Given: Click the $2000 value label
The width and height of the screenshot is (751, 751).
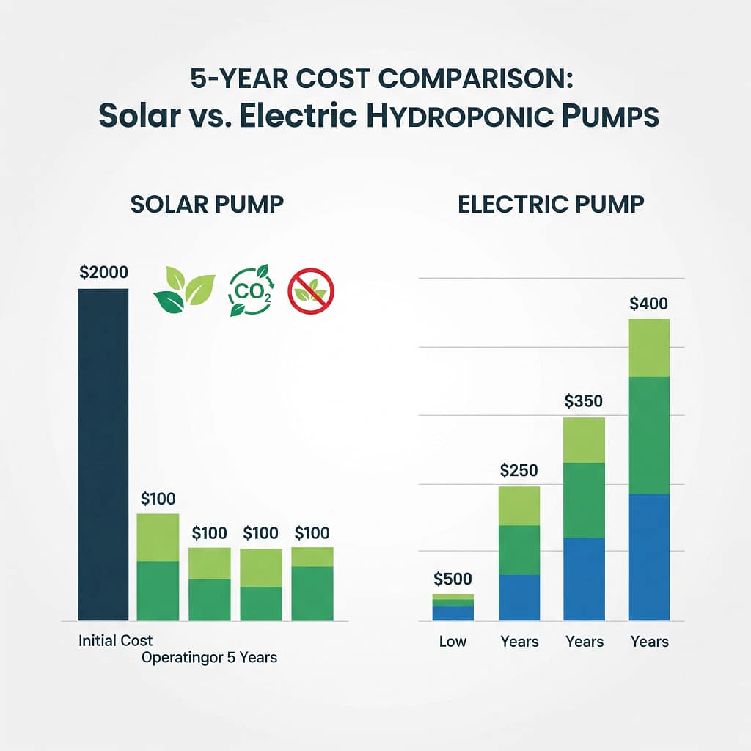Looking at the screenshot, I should click(103, 273).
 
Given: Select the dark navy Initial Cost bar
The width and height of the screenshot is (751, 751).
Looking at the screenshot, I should click(103, 455).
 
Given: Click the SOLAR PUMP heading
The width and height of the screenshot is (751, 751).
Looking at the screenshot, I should click(207, 205).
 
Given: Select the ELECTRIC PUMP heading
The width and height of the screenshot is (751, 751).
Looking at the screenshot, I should click(551, 205).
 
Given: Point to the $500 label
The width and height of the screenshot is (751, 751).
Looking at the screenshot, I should click(453, 579).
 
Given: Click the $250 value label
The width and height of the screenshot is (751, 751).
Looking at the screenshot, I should click(519, 471).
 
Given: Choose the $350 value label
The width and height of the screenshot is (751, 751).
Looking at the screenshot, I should click(584, 401).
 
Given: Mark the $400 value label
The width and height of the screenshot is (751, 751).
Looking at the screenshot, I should click(649, 304).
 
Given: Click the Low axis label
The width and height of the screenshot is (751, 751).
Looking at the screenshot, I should click(453, 642).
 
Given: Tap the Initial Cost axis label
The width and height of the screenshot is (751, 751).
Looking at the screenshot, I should click(116, 640).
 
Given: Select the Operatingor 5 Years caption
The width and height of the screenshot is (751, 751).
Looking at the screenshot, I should click(209, 657).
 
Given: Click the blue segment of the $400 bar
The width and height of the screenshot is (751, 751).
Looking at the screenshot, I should click(649, 557).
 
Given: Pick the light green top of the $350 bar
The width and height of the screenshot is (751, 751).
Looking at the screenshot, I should click(584, 440).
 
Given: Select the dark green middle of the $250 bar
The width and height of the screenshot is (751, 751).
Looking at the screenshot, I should click(519, 550).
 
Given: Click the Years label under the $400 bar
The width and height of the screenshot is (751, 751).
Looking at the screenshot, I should click(649, 642).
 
